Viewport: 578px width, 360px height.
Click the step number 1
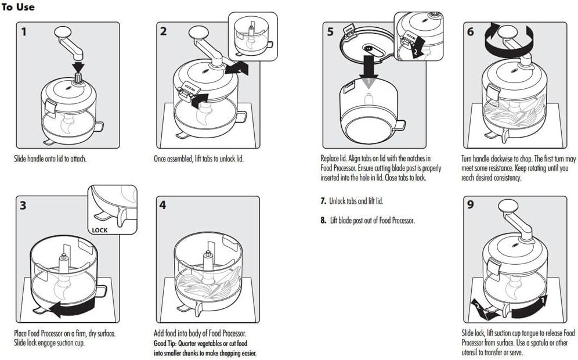pos(24,31)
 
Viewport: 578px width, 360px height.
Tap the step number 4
pos(163,205)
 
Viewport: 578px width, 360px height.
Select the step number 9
pos(471,205)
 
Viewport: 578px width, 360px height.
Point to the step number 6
pos(471,31)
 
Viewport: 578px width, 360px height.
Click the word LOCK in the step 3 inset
pos(100,230)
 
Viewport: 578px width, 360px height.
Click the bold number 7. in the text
pos(324,201)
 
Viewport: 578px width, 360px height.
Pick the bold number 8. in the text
pos(324,220)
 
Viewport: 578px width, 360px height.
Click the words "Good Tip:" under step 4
pos(167,343)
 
